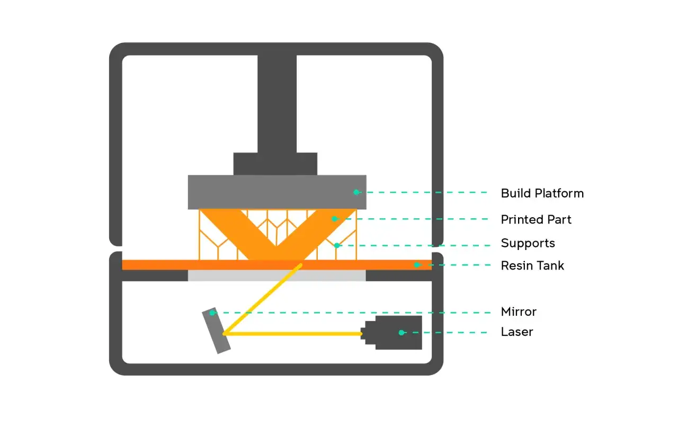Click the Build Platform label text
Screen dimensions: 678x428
(542, 193)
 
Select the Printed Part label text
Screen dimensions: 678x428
(536, 219)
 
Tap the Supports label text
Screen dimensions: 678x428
(528, 243)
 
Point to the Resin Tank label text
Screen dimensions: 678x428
(532, 265)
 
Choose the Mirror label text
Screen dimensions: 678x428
(519, 311)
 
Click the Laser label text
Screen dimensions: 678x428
(516, 332)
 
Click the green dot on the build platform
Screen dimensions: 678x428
(356, 192)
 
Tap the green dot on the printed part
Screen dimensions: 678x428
(334, 219)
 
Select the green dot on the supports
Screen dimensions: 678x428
(337, 245)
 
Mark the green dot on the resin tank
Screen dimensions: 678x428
(417, 265)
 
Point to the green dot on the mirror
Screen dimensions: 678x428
(212, 313)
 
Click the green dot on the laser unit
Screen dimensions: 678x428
(402, 333)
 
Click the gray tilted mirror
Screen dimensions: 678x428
(216, 331)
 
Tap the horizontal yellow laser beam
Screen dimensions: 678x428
(293, 334)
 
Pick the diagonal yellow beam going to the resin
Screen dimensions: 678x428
(263, 299)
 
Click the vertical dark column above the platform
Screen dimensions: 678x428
(277, 103)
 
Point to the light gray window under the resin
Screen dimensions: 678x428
(276, 275)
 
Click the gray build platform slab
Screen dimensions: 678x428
(277, 192)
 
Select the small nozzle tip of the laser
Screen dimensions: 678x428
(363, 333)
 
